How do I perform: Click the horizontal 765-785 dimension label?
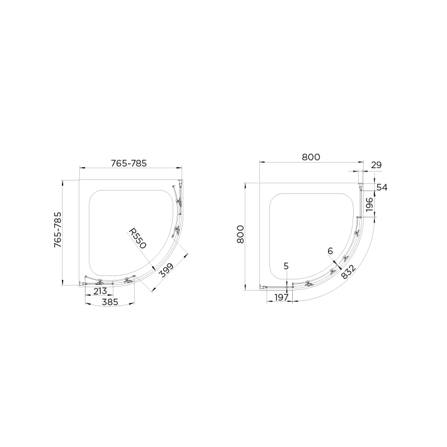click(x=129, y=163)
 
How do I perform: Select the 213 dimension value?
click(x=100, y=291)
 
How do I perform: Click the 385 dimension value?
click(x=110, y=302)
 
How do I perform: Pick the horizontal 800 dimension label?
click(x=311, y=158)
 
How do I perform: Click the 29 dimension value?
click(x=376, y=165)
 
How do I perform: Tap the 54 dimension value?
click(x=382, y=188)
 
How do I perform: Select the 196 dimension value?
click(x=369, y=206)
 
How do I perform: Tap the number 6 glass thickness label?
click(x=330, y=252)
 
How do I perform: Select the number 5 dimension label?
click(x=286, y=267)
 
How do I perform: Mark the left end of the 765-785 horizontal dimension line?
click(x=79, y=168)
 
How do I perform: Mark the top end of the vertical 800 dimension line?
click(x=245, y=182)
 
